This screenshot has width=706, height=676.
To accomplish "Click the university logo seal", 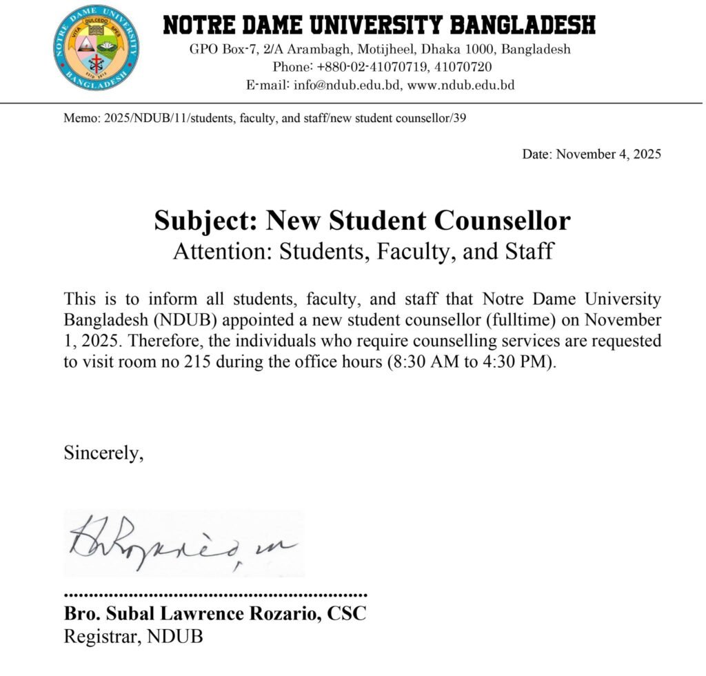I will tap(96, 48).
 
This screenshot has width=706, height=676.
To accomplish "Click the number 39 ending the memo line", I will tap(460, 119).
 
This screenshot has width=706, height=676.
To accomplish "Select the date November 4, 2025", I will tap(609, 154).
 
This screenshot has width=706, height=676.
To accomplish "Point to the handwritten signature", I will tap(183, 544).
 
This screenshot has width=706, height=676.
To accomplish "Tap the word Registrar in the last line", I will tap(103, 635).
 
